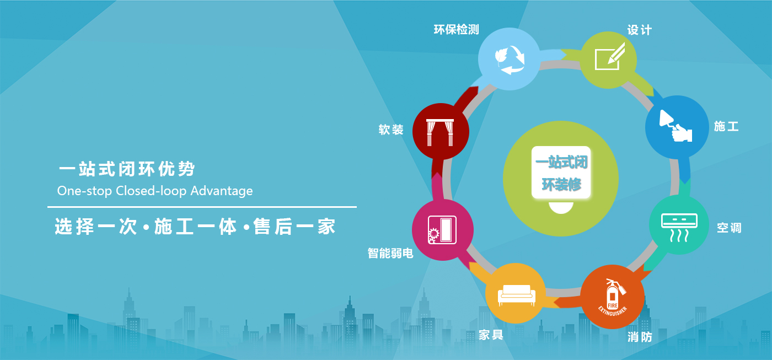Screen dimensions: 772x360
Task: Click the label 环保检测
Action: pyautogui.click(x=457, y=30)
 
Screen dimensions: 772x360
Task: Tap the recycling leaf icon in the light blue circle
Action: pyautogui.click(x=510, y=60)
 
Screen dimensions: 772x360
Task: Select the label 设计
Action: pyautogui.click(x=639, y=30)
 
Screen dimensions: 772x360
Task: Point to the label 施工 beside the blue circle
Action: pyautogui.click(x=726, y=126)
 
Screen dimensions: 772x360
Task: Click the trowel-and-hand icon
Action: pyautogui.click(x=675, y=126)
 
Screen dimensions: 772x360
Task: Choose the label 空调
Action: pyautogui.click(x=729, y=228)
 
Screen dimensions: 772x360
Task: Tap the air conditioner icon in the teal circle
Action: pyautogui.click(x=679, y=227)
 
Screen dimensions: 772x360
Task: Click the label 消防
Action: pyautogui.click(x=640, y=337)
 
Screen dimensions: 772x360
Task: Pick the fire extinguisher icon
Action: pyautogui.click(x=613, y=297)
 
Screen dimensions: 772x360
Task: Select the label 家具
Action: pyautogui.click(x=491, y=335)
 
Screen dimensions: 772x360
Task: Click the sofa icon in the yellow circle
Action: pyautogui.click(x=517, y=295)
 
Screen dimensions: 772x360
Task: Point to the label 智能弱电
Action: pyautogui.click(x=390, y=253)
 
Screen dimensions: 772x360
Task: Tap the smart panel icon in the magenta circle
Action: pyautogui.click(x=442, y=230)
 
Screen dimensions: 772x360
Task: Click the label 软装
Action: pyautogui.click(x=391, y=130)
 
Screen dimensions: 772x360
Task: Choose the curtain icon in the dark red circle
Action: pyautogui.click(x=440, y=132)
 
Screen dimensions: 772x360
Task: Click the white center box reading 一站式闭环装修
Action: pyautogui.click(x=561, y=172)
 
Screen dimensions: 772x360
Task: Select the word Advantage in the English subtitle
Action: pyautogui.click(x=222, y=191)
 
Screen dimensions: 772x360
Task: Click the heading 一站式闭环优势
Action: pyautogui.click(x=127, y=169)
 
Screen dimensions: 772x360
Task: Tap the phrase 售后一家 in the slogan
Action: pyautogui.click(x=294, y=227)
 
